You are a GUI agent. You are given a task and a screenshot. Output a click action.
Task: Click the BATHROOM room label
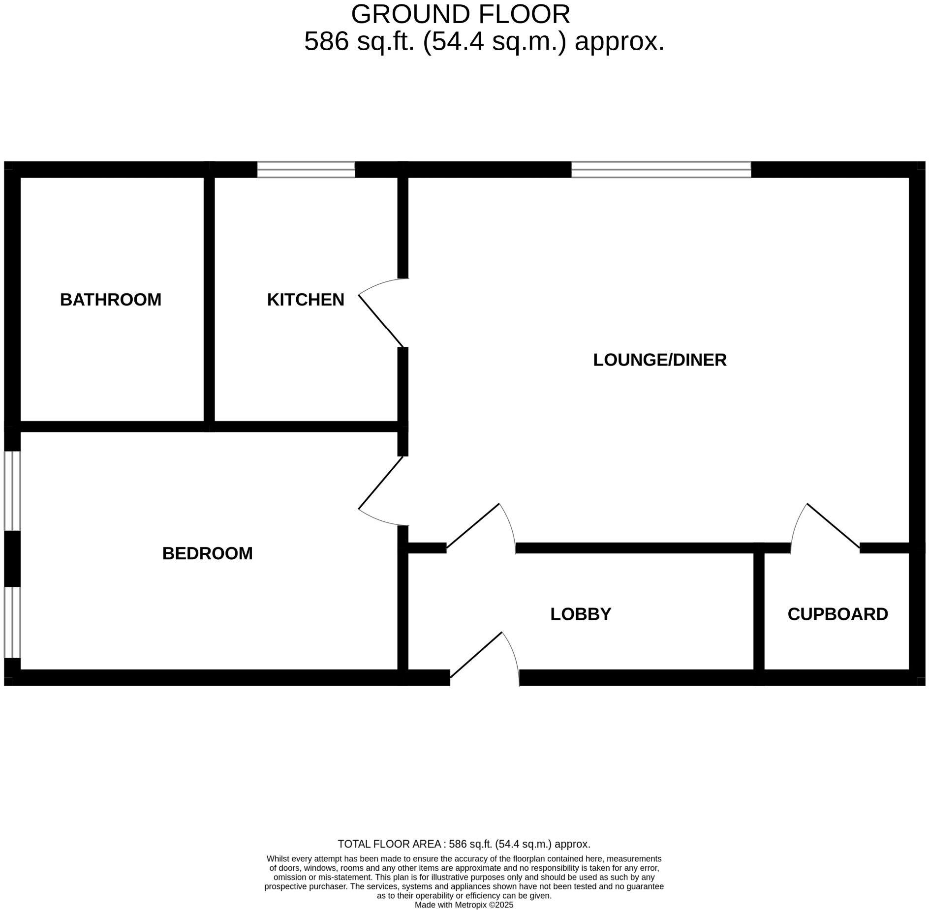tap(111, 300)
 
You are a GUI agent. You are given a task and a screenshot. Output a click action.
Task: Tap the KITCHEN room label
tap(306, 300)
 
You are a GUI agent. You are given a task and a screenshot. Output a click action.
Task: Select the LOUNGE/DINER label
tap(659, 360)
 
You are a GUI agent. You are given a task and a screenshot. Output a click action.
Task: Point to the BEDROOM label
tap(207, 553)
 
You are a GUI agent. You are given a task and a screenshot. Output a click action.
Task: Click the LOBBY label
tap(581, 614)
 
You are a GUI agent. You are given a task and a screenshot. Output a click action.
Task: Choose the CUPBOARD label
tap(837, 614)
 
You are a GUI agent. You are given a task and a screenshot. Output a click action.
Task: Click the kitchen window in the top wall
tap(306, 170)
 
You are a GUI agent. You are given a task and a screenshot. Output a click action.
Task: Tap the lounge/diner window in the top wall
tap(661, 170)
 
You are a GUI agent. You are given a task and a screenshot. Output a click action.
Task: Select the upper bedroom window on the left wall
tap(12, 490)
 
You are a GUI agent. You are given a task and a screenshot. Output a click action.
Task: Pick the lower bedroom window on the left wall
tap(12, 622)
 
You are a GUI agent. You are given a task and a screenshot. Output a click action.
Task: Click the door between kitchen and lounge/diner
tap(380, 321)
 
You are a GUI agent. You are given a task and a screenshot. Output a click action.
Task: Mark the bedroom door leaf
tap(380, 483)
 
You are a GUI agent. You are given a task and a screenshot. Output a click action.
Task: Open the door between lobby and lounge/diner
tap(473, 525)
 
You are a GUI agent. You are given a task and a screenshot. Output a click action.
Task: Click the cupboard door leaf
tap(833, 525)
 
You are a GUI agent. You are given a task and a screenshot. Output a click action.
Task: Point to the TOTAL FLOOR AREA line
tap(464, 844)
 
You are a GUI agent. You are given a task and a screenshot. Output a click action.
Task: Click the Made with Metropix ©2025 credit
tap(464, 905)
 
